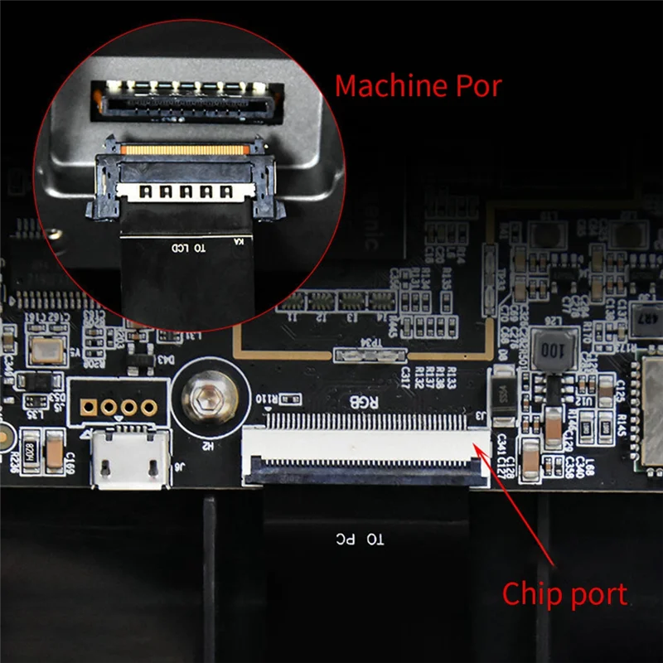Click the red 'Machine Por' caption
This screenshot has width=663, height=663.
click(x=418, y=85)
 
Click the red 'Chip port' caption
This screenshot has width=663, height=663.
click(x=564, y=593)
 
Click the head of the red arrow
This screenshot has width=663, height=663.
click(x=479, y=445)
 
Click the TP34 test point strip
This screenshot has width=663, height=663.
click(x=368, y=356)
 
